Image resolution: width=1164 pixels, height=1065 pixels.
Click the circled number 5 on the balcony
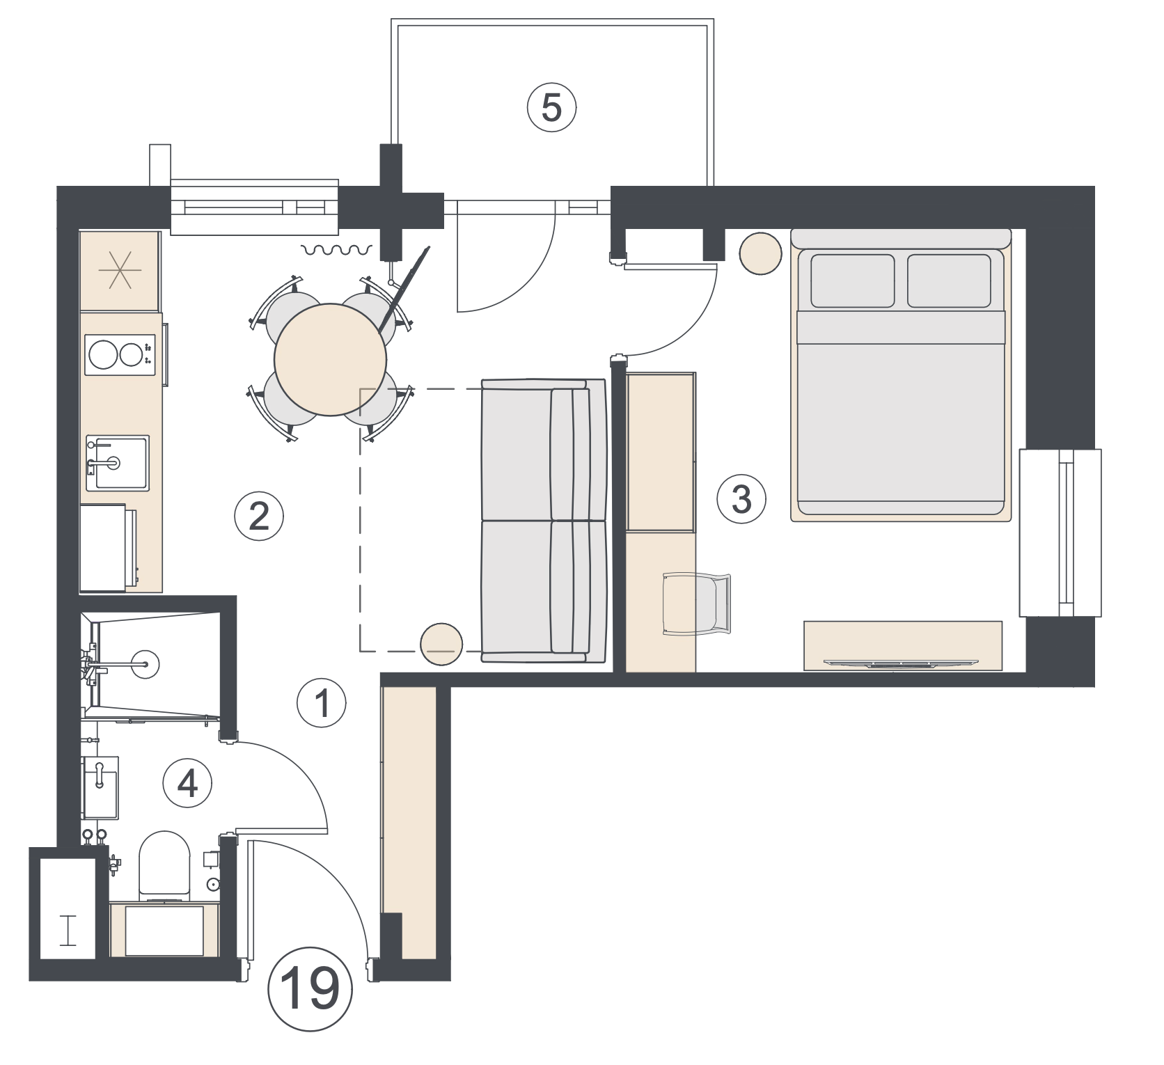tap(551, 109)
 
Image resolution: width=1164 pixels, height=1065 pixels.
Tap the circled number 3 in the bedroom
tap(742, 499)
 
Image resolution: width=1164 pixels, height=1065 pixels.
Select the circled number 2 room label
tap(259, 516)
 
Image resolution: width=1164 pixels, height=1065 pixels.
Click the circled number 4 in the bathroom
tap(187, 784)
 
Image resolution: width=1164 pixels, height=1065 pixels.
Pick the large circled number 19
tap(310, 990)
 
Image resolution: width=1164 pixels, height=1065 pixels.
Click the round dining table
tap(331, 360)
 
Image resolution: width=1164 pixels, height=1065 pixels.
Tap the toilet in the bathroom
tap(165, 864)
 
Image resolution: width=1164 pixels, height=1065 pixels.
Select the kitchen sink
tap(117, 462)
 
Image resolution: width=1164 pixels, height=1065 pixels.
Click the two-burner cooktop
tap(119, 355)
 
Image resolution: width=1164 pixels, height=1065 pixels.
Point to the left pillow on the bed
tap(852, 281)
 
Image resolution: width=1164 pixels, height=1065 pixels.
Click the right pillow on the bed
tap(949, 281)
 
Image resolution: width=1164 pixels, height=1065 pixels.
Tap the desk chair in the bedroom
tap(696, 604)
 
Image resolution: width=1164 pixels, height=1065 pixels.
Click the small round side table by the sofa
tap(442, 644)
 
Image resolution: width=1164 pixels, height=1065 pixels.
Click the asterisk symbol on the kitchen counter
tap(120, 269)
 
